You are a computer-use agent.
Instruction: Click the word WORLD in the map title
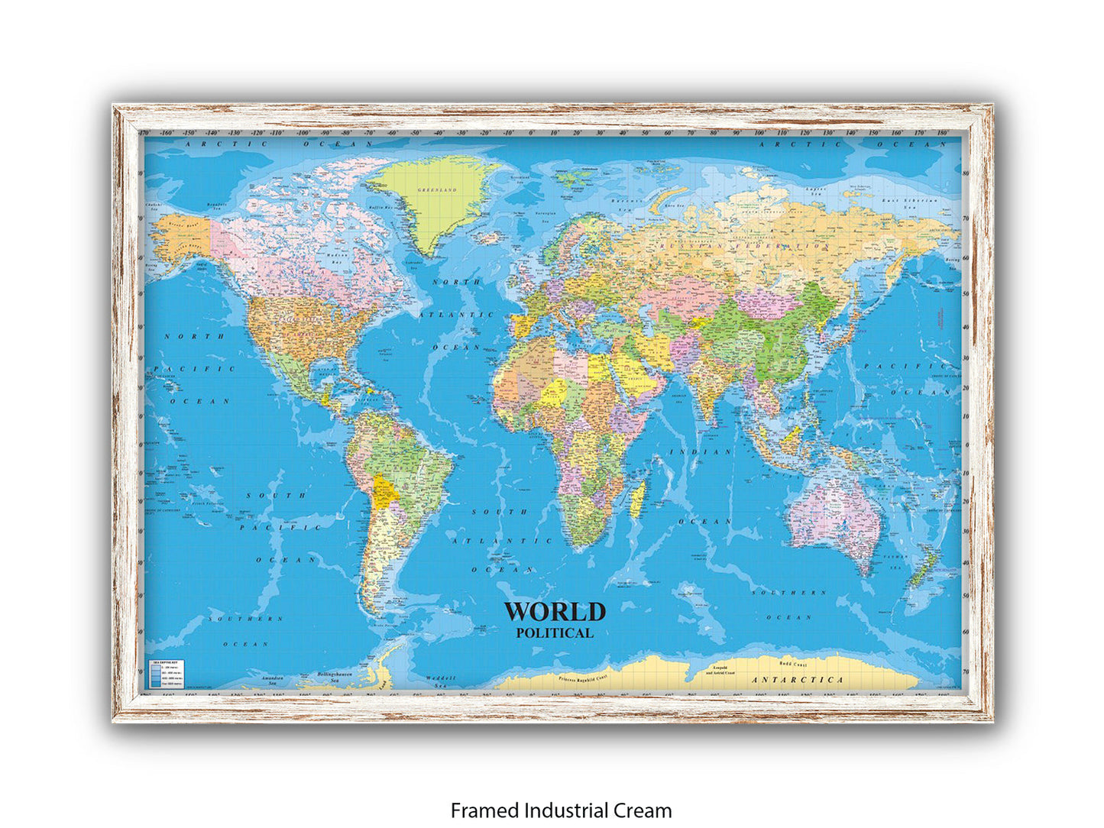pos(555,612)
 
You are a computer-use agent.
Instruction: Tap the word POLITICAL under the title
pos(555,632)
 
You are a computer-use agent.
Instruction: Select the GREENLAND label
pos(436,189)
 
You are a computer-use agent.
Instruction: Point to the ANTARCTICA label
pos(798,679)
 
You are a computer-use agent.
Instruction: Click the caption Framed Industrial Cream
pos(561,810)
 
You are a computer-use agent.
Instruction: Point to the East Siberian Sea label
pos(909,201)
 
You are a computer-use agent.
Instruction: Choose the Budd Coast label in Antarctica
pos(792,664)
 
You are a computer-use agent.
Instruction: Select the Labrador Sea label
pos(415,263)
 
